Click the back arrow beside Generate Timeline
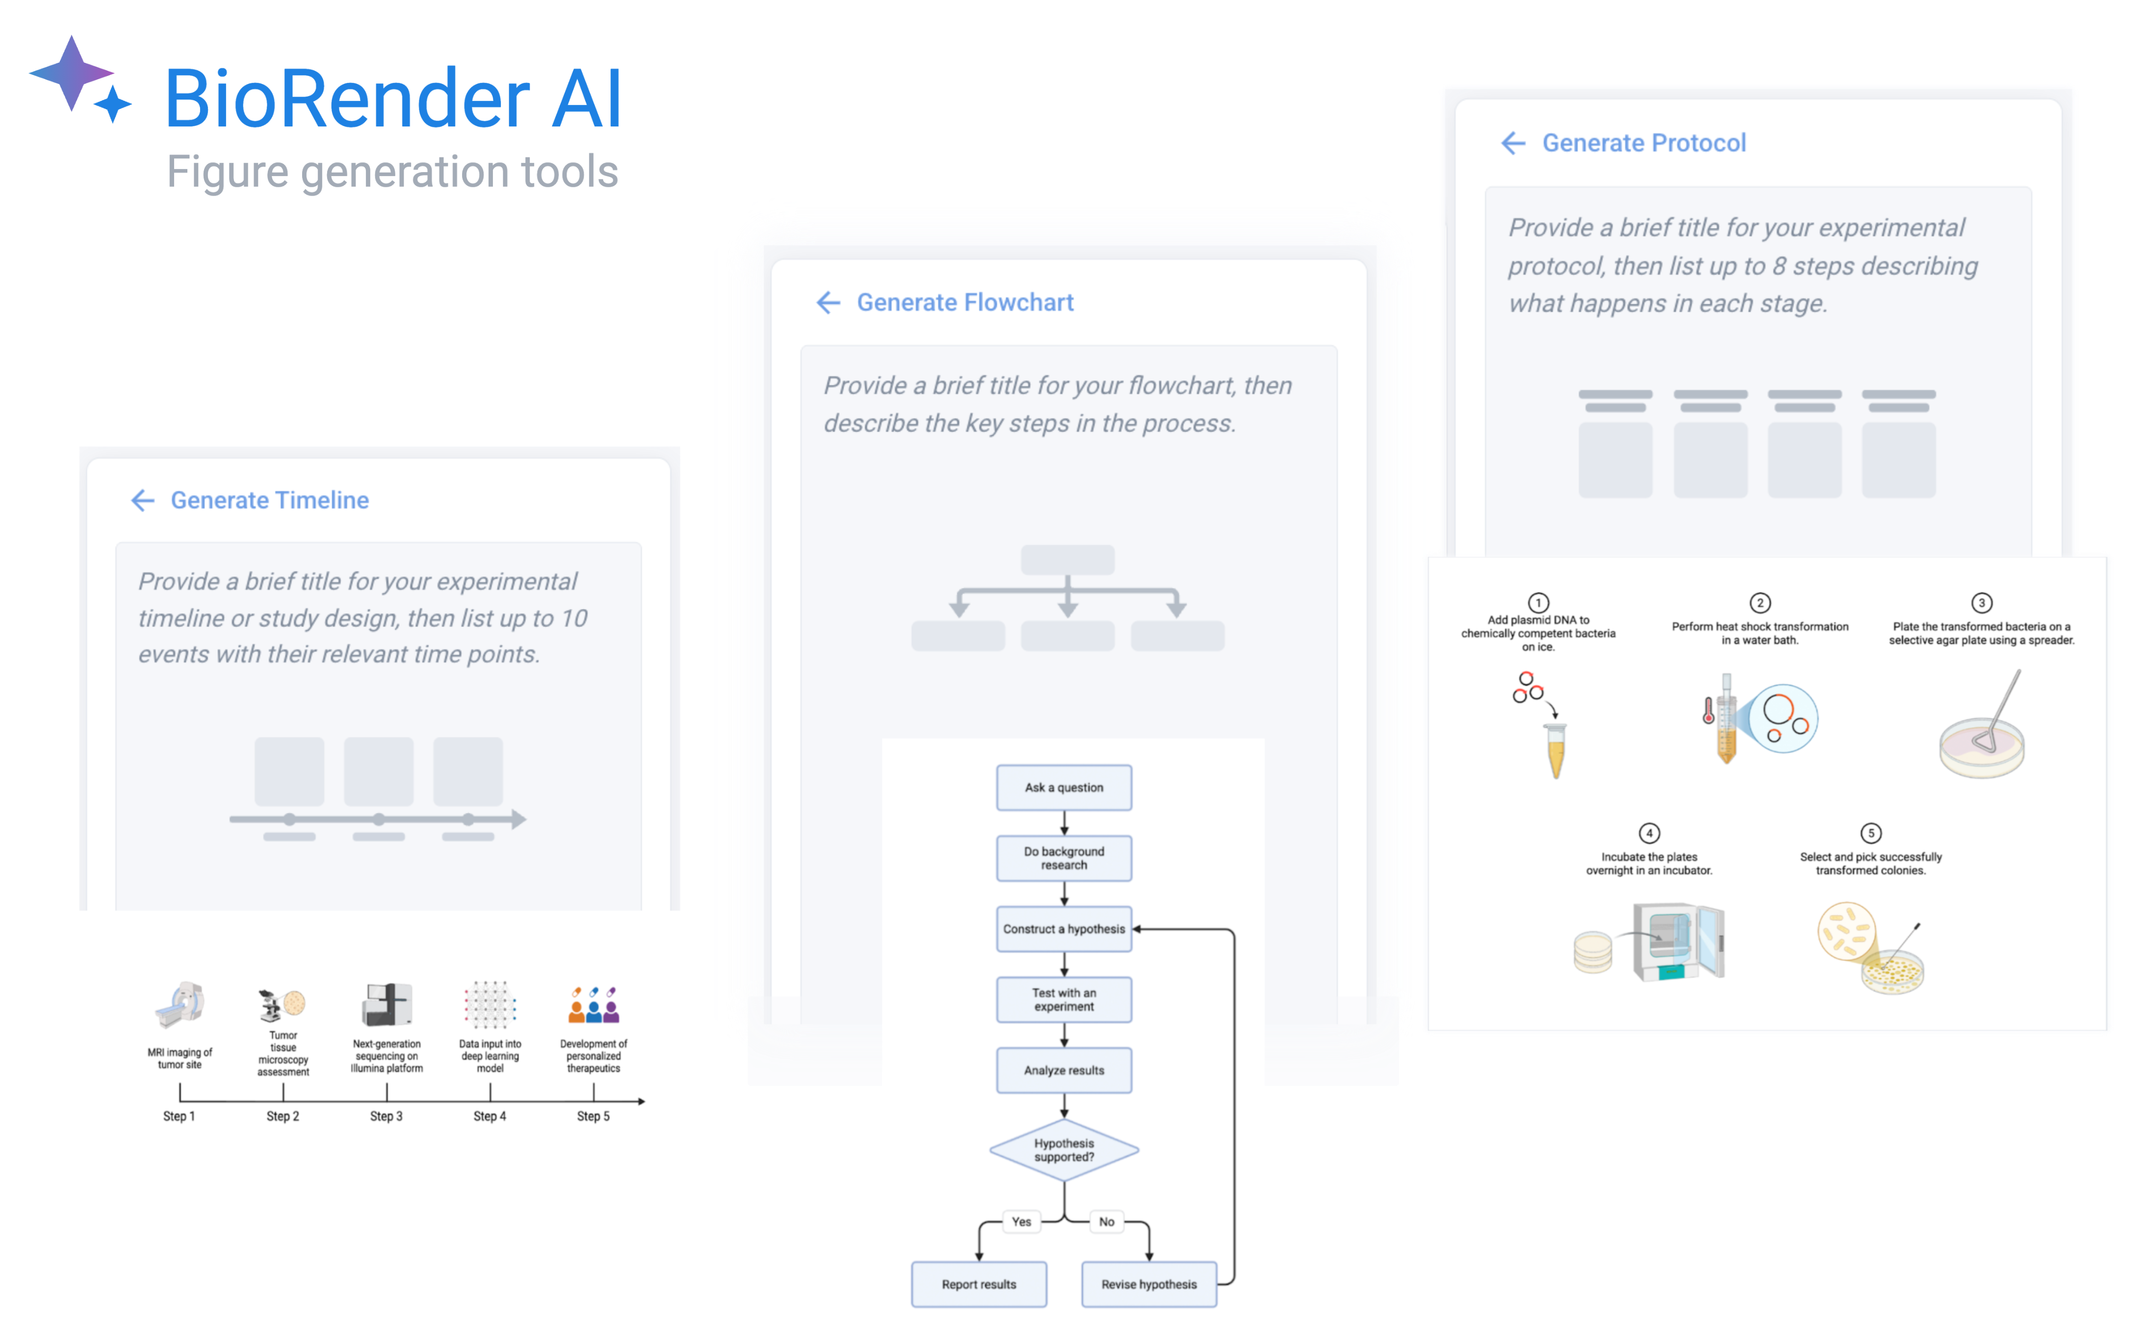(x=143, y=500)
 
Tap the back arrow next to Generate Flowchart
(x=828, y=302)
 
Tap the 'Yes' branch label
(x=1021, y=1221)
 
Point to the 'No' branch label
(x=1107, y=1221)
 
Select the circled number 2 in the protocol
(x=1760, y=603)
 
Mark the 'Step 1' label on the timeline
(x=179, y=1116)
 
